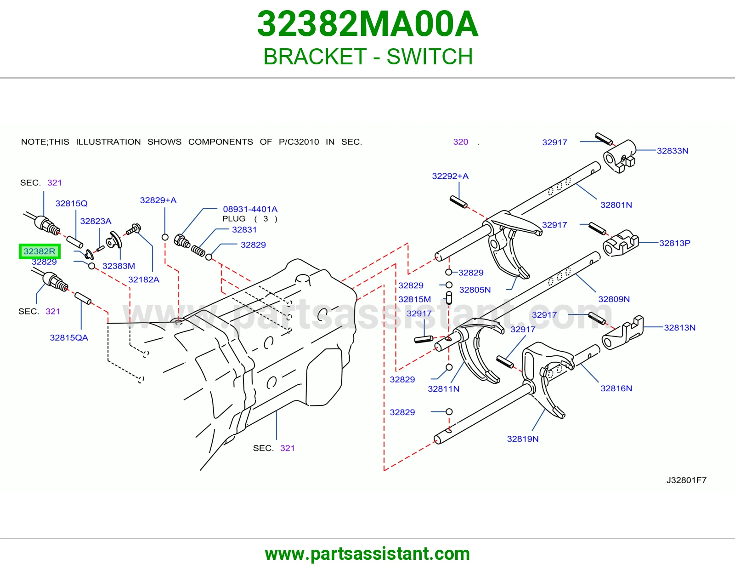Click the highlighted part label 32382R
coord(40,251)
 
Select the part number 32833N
coord(673,151)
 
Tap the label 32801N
coord(616,205)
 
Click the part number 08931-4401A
coord(250,209)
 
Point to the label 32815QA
coord(69,338)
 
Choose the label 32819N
coord(523,439)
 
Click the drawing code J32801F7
coord(686,480)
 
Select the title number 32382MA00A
coord(367,24)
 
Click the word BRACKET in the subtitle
coord(315,57)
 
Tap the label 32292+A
coord(450,177)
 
